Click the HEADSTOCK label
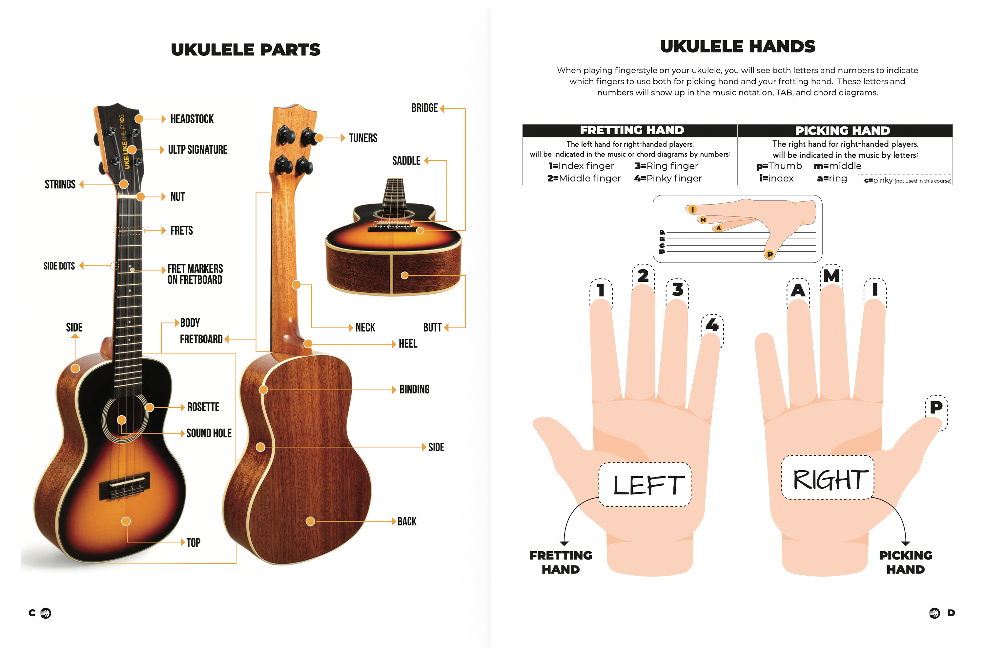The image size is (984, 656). point(192,119)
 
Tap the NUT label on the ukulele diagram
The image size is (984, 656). point(177,197)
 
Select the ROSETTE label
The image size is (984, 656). point(203,407)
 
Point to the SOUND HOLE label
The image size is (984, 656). point(209,433)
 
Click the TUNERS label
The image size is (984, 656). point(363,138)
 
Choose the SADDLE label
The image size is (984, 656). point(406,161)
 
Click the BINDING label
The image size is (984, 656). point(414,390)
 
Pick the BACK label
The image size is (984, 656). point(407,522)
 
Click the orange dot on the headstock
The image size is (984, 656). point(139,119)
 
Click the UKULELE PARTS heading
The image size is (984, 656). point(246,50)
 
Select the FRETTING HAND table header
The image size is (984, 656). point(632,131)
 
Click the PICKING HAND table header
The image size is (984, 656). point(842,131)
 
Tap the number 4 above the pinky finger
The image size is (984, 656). point(712,325)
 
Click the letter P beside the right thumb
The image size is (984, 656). point(936,407)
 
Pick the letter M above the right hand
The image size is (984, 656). point(831,276)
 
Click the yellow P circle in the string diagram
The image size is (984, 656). point(769,255)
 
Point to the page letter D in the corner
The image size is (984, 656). point(951,613)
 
